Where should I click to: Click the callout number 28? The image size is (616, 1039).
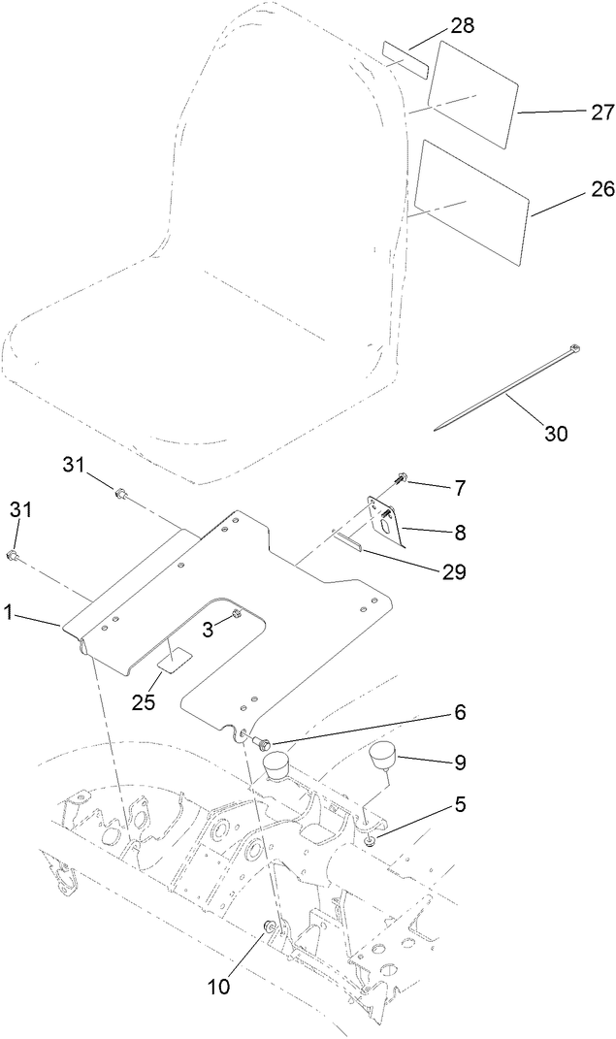point(463,25)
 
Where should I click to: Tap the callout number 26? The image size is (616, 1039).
point(574,190)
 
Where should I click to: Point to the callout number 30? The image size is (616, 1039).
point(555,434)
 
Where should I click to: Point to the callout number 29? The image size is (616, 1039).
point(453,571)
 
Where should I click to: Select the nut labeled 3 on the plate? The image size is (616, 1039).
point(236,615)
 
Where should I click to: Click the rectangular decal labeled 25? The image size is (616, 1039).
point(175,661)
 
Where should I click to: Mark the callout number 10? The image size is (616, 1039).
point(220,987)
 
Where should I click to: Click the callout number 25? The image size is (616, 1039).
point(144,702)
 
